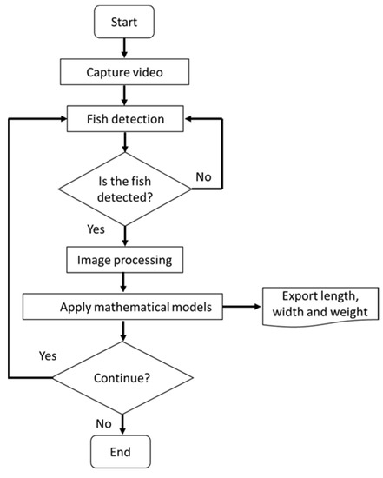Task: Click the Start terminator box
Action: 128,22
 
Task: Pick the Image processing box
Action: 128,258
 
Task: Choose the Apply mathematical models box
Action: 128,307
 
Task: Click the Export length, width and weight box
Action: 319,308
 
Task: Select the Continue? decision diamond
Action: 128,379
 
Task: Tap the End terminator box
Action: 128,452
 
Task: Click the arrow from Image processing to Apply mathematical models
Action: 128,282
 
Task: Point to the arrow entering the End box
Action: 128,426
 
